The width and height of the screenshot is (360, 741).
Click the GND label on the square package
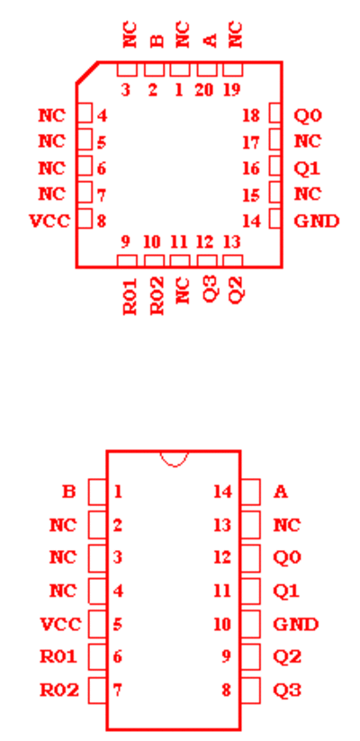(317, 221)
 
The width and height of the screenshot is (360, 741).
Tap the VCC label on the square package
(49, 221)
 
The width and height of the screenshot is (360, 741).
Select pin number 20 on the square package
(204, 90)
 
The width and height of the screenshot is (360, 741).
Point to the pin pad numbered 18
(275, 113)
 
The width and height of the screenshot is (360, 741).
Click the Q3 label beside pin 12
(211, 289)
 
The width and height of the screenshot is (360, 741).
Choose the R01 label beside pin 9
(130, 296)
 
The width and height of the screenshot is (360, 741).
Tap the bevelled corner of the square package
(87, 72)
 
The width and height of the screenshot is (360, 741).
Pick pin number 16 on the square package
(251, 168)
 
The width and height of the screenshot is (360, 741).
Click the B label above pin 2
(157, 41)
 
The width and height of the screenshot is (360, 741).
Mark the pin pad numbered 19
(232, 69)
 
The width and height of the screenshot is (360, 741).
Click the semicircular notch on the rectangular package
(175, 459)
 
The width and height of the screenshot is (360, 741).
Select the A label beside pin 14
(280, 492)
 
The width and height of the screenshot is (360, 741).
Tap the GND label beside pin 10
(296, 624)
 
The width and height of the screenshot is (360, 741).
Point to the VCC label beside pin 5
(60, 624)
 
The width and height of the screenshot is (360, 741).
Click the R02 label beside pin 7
(59, 691)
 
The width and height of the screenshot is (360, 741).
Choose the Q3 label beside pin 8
(287, 691)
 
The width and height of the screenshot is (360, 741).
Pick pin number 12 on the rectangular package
(222, 558)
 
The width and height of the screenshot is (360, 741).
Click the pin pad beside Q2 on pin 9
(250, 657)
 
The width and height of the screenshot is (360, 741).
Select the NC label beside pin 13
(287, 525)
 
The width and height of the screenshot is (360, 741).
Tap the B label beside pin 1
(68, 492)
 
